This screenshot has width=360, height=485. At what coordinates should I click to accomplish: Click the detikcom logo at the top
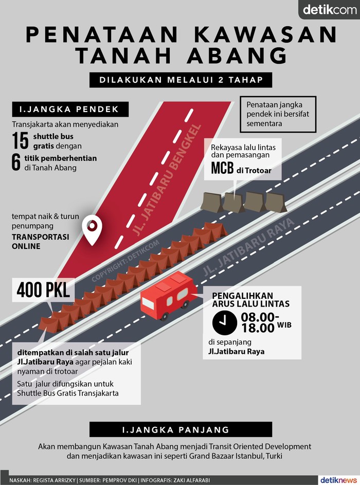pos(328,10)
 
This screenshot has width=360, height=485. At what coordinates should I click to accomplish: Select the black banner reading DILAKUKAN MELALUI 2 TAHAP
pos(180,80)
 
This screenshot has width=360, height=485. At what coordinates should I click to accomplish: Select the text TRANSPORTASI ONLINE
pos(40,242)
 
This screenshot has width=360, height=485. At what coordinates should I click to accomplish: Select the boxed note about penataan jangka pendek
pos(278,113)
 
